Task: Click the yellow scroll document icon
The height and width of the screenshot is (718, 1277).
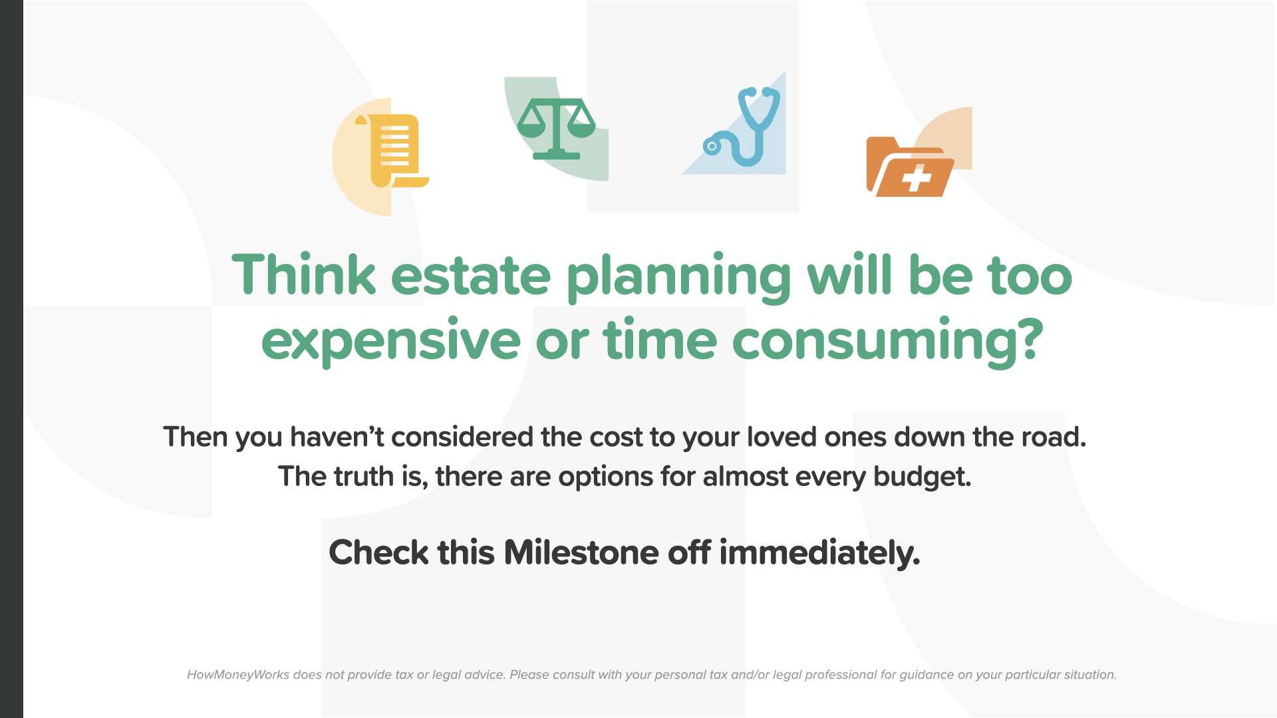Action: coord(392,151)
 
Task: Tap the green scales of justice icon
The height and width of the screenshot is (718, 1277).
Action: coord(557,129)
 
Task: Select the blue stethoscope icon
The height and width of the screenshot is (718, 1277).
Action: coord(742,126)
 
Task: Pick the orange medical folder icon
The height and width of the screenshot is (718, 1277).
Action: coord(910,167)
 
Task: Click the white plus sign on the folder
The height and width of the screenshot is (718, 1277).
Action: coord(917,178)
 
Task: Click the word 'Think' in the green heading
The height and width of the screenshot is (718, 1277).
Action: coord(304,275)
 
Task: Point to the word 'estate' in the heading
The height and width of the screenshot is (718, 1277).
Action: coord(471,276)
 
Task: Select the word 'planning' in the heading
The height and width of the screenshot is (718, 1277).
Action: coord(679,278)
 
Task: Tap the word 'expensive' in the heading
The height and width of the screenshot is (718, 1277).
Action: coord(391,340)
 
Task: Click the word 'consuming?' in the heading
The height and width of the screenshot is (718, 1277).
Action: coord(888,340)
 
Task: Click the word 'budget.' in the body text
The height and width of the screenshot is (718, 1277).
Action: coord(922,477)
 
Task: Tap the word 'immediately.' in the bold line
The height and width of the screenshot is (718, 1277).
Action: coord(819,553)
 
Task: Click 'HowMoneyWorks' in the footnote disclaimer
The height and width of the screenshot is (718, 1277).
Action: coord(238,675)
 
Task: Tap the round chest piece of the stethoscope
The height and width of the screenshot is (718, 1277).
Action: coord(712,146)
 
